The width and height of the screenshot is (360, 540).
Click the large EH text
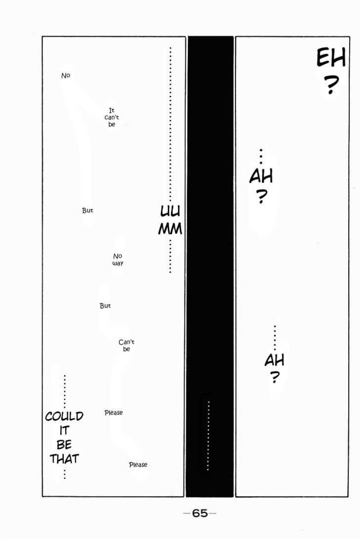coord(331,58)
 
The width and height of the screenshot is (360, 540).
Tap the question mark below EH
coord(331,85)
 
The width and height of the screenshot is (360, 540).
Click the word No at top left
coord(65,75)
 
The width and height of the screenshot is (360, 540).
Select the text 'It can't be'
coord(111,117)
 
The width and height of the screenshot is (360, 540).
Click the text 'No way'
coord(117,259)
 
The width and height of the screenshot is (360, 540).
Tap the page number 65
coord(200,513)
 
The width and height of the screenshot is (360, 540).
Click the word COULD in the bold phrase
coord(64,416)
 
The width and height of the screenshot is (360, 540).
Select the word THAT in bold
coord(64,459)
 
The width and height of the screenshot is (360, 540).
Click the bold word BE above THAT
coord(64,444)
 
